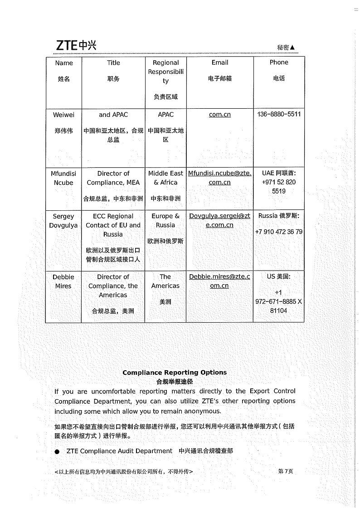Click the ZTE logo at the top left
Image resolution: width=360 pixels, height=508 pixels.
(x=76, y=45)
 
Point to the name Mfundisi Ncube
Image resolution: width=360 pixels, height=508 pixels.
(x=63, y=178)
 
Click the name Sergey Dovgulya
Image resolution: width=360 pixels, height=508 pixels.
(x=63, y=221)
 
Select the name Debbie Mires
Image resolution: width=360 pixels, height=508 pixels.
(x=63, y=281)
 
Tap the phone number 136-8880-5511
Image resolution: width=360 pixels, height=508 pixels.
(x=279, y=114)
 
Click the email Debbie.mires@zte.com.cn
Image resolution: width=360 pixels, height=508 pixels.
(x=219, y=281)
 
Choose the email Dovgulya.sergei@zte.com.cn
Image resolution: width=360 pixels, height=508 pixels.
(x=219, y=220)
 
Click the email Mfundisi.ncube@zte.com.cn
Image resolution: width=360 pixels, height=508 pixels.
(x=219, y=178)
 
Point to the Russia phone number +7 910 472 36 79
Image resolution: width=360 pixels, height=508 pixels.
(x=279, y=232)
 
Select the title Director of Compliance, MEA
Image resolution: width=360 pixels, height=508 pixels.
(x=113, y=178)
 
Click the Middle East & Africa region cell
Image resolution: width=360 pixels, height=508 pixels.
(x=165, y=178)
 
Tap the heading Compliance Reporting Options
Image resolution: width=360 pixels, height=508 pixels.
(x=175, y=373)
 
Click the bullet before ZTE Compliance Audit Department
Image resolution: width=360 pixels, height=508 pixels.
(x=57, y=452)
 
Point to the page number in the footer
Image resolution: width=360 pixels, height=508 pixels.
(x=286, y=471)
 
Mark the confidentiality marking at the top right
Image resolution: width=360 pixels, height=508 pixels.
(x=286, y=48)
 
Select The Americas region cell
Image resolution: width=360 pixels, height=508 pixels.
(x=165, y=281)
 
